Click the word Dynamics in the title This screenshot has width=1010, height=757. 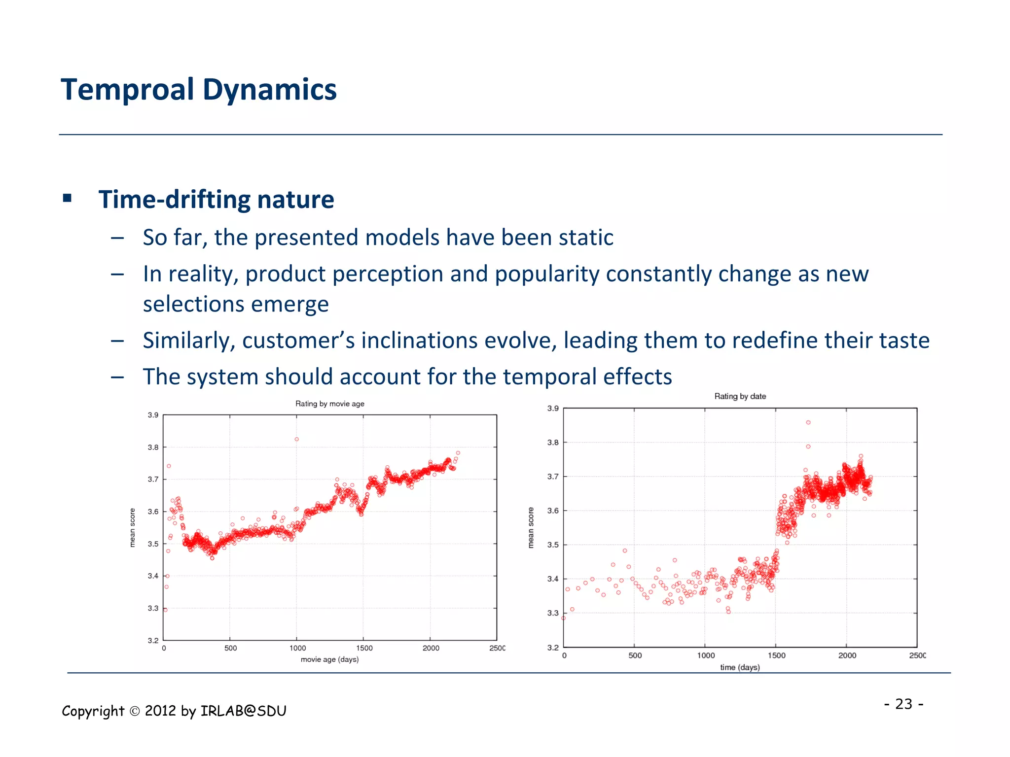[269, 90]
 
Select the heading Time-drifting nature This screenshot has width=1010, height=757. [216, 200]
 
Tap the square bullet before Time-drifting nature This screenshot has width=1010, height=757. [68, 199]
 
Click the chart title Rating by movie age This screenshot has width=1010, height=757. [329, 404]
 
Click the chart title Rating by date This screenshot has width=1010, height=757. [740, 396]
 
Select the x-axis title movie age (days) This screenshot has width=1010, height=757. [329, 659]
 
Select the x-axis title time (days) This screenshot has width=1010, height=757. [740, 667]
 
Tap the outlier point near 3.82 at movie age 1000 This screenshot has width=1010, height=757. [296, 439]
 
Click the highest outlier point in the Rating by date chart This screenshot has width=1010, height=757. [808, 422]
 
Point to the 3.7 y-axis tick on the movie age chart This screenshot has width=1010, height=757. [153, 479]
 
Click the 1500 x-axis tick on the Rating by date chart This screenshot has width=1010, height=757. [776, 655]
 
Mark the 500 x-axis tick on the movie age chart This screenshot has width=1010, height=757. [230, 648]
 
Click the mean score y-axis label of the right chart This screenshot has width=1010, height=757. [531, 527]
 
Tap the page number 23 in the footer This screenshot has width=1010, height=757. [903, 704]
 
